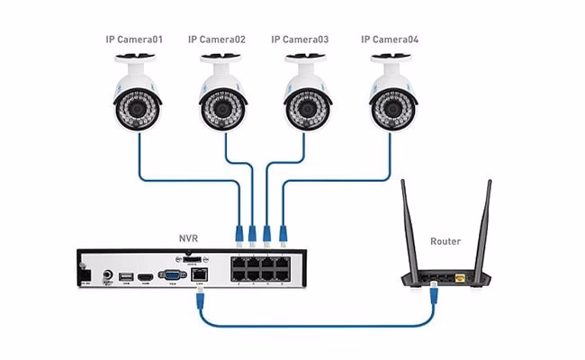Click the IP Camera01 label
click(x=136, y=40)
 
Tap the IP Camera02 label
click(x=216, y=40)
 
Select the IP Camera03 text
click(x=301, y=40)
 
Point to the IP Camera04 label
click(x=389, y=40)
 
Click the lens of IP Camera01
click(x=137, y=109)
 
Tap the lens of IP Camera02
click(x=222, y=109)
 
